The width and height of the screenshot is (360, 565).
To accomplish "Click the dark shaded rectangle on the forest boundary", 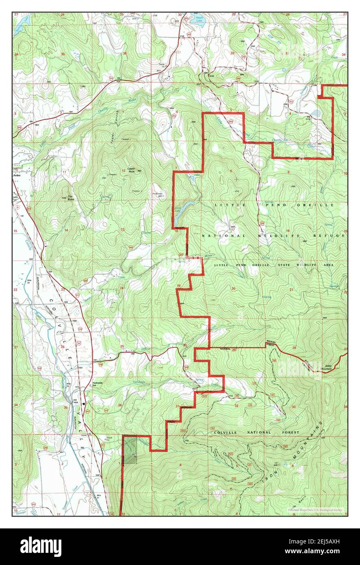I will tap(130, 450).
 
